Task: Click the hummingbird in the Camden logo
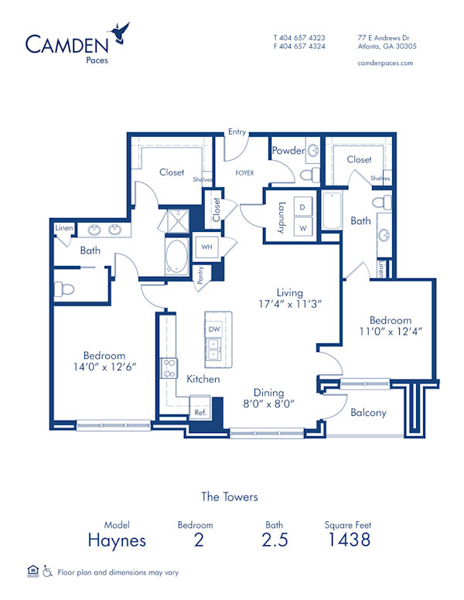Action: [x=120, y=32]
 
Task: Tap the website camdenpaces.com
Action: [x=385, y=63]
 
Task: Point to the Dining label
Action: [x=269, y=392]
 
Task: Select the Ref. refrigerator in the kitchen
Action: [x=200, y=412]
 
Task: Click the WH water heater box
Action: [x=206, y=246]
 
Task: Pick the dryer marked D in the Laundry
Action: [x=302, y=209]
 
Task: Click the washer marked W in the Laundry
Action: [x=302, y=228]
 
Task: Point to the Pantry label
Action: [x=200, y=276]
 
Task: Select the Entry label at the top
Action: [x=237, y=132]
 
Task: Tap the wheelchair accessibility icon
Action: [x=47, y=572]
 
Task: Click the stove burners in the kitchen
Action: [x=169, y=368]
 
